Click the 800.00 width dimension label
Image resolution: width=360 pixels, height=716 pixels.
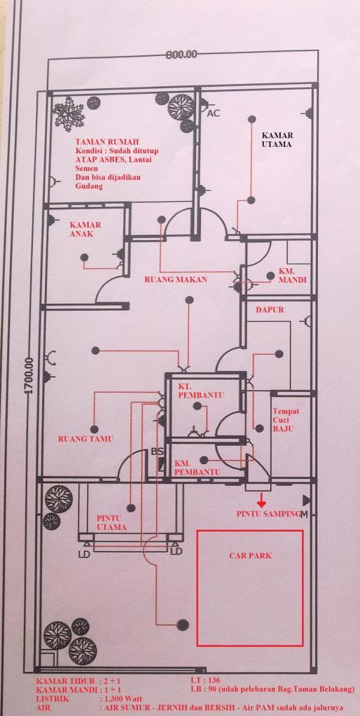pyautogui.click(x=182, y=55)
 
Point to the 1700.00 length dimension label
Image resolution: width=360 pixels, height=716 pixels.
pyautogui.click(x=29, y=375)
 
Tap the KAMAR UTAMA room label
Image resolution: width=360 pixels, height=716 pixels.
pyautogui.click(x=277, y=139)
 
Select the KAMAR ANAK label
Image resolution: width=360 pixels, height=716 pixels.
pyautogui.click(x=85, y=230)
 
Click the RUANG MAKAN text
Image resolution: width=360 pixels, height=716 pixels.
pyautogui.click(x=176, y=279)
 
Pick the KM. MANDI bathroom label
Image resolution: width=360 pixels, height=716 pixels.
pyautogui.click(x=293, y=275)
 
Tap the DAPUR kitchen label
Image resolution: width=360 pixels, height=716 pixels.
pyautogui.click(x=270, y=309)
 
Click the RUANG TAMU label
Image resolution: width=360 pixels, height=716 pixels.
pyautogui.click(x=85, y=440)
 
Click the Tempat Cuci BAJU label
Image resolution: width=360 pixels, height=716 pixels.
pyautogui.click(x=286, y=420)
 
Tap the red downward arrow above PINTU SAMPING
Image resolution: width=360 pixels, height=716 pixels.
pyautogui.click(x=261, y=500)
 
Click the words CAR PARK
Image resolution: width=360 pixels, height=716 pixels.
pyautogui.click(x=250, y=556)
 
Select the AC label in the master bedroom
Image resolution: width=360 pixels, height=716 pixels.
pyautogui.click(x=214, y=113)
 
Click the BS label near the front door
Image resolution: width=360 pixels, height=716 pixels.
pyautogui.click(x=158, y=452)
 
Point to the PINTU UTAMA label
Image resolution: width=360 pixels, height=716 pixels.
pyautogui.click(x=111, y=523)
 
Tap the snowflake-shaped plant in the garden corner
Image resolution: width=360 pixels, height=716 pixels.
pyautogui.click(x=69, y=111)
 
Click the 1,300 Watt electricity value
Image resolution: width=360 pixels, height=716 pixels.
pyautogui.click(x=121, y=699)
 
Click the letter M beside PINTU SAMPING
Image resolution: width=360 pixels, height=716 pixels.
pyautogui.click(x=304, y=514)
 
